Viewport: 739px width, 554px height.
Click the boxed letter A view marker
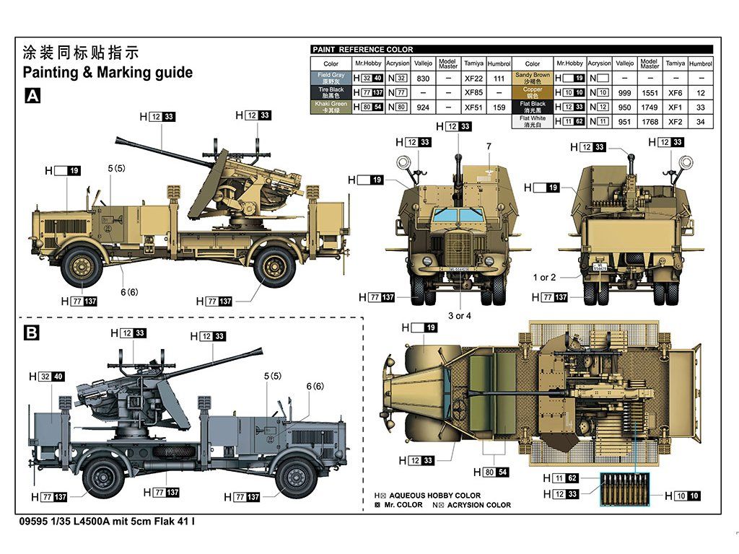(x=32, y=96)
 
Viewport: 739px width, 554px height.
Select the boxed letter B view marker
(x=32, y=333)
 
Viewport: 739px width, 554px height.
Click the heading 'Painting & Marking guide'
(x=108, y=72)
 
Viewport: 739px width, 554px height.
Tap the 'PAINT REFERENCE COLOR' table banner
(x=363, y=49)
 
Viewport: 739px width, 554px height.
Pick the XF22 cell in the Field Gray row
(x=473, y=78)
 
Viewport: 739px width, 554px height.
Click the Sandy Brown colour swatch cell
(x=533, y=78)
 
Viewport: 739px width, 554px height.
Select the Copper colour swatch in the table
(x=533, y=92)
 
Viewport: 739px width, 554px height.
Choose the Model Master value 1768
(x=650, y=122)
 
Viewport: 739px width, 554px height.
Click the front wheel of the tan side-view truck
(x=80, y=265)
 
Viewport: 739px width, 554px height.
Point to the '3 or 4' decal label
(x=460, y=316)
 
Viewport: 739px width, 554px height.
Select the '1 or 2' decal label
(x=544, y=277)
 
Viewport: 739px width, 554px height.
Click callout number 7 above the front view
(x=489, y=146)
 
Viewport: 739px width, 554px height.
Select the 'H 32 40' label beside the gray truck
(x=47, y=377)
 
